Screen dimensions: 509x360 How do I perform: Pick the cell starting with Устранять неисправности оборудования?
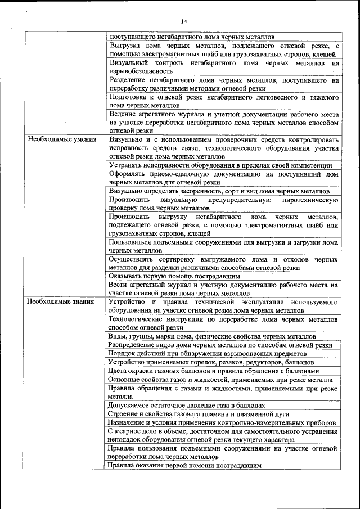click(x=221, y=165)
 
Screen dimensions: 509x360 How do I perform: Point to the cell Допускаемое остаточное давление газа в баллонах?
click(x=186, y=405)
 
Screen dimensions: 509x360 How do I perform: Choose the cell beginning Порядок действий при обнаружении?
click(x=208, y=353)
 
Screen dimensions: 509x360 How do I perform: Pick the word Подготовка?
click(x=129, y=97)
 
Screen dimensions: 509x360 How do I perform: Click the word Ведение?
click(x=124, y=114)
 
